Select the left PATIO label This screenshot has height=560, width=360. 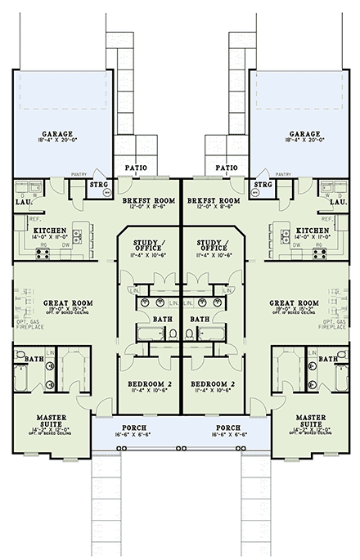pyautogui.click(x=136, y=168)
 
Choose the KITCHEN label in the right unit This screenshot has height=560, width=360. pyautogui.click(x=313, y=231)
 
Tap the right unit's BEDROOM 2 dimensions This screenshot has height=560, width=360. pyautogui.click(x=210, y=391)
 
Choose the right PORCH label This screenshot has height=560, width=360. pyautogui.click(x=227, y=427)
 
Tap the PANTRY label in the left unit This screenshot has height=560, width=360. pyautogui.click(x=79, y=175)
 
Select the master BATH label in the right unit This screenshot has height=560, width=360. pyautogui.click(x=327, y=358)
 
